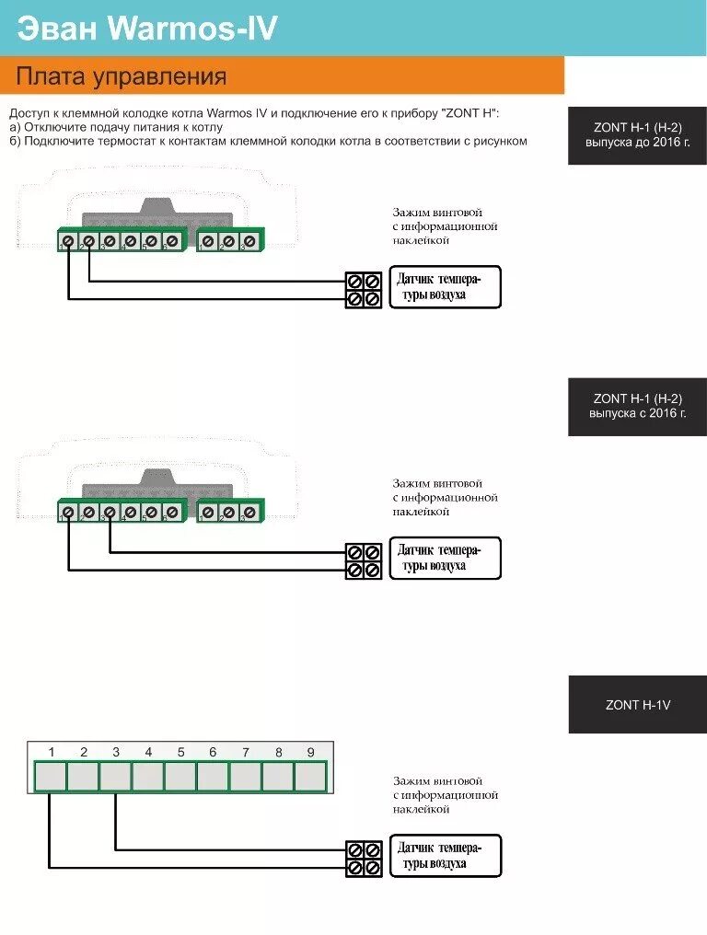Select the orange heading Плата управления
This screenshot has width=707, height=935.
(121, 75)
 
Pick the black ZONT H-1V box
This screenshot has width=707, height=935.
(637, 705)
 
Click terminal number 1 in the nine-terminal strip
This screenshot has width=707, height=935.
(51, 777)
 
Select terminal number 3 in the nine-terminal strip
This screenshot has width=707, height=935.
(115, 777)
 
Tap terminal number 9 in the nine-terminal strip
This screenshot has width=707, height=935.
(310, 777)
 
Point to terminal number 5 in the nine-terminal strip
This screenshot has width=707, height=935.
(180, 777)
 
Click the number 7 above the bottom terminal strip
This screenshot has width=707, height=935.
(246, 752)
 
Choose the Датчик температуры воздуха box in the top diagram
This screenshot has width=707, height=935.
(446, 287)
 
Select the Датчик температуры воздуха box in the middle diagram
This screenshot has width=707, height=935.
(446, 558)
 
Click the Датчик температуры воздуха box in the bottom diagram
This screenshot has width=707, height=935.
(446, 856)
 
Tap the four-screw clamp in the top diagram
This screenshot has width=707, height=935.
(364, 289)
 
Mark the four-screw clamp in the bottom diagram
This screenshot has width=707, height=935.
(364, 858)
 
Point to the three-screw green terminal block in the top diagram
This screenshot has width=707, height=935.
(229, 241)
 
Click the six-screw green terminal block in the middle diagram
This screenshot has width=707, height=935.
(120, 512)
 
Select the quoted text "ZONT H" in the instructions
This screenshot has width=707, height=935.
(470, 113)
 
